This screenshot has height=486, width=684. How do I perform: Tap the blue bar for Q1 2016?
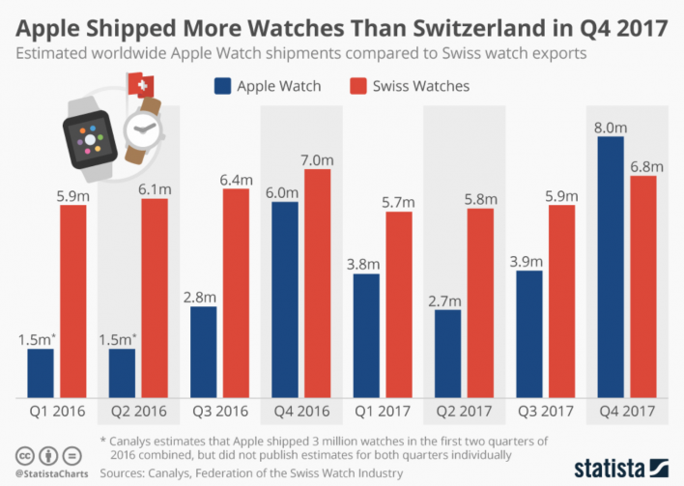coord(41,373)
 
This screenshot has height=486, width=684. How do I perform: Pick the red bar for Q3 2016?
coord(236,293)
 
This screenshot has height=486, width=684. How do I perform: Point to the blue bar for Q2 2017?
coord(448,354)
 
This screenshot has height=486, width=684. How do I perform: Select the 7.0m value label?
coord(317,158)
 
